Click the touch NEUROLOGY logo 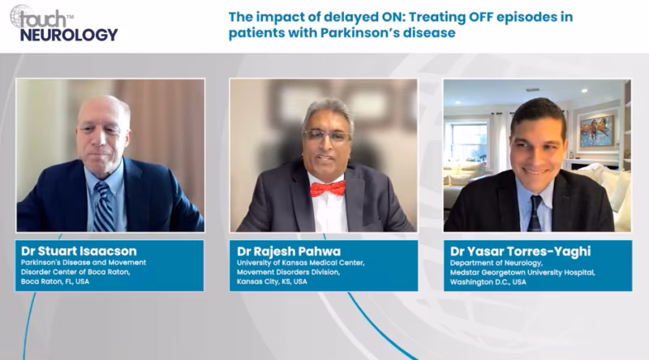pos(64,24)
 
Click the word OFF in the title pos(480,17)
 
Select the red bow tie pos(328,189)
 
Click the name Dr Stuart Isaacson pos(79,251)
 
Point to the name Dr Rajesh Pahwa pos(289,251)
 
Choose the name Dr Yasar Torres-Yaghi pos(520,251)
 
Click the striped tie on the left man pos(104,207)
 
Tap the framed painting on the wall pos(597,131)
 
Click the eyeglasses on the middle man pos(327,135)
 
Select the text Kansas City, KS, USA pos(272,282)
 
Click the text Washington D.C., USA pos(488,282)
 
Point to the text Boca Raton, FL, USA pos(55,281)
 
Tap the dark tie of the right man pos(535,213)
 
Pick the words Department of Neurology pos(496,264)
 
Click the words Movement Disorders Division pos(288,272)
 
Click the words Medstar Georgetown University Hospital pos(522,272)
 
